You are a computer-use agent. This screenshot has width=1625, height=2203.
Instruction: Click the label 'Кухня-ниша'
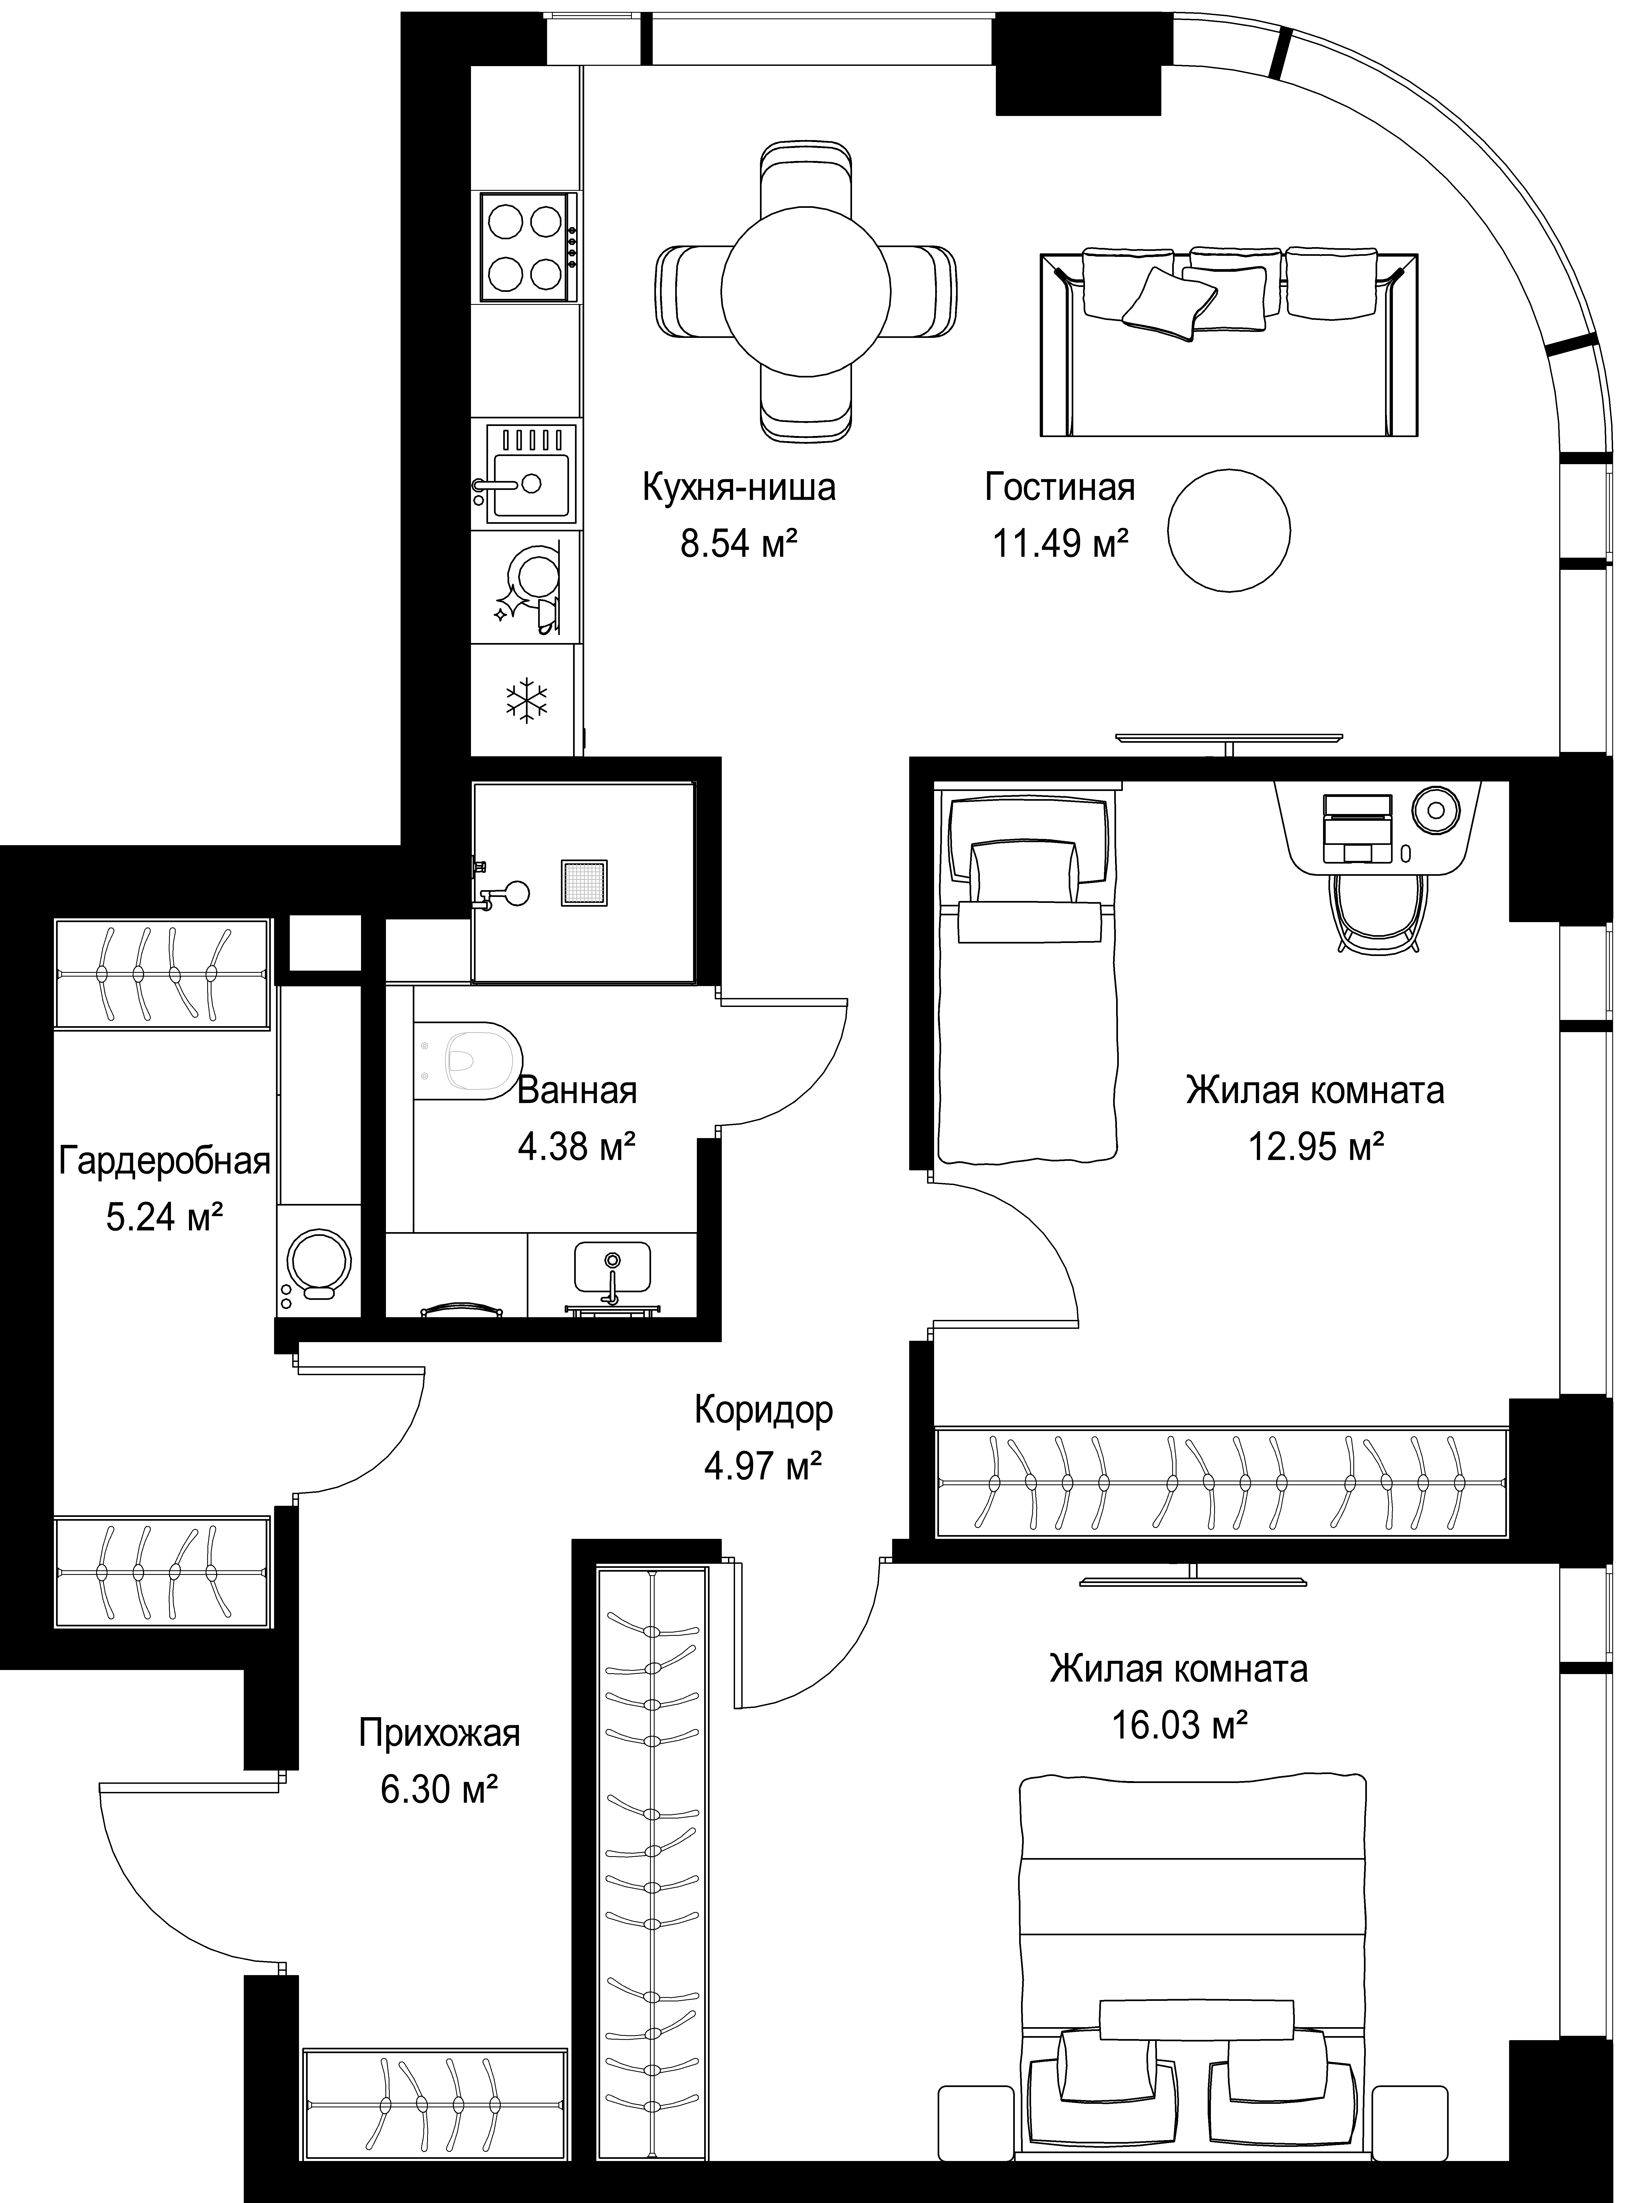(x=740, y=488)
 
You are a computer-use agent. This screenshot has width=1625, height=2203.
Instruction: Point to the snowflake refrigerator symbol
(x=526, y=700)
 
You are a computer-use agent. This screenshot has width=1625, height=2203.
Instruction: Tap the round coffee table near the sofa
(x=1230, y=531)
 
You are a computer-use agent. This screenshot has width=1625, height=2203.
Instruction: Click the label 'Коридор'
(x=763, y=1409)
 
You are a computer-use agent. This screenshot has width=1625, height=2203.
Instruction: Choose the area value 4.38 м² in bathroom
(x=576, y=1146)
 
